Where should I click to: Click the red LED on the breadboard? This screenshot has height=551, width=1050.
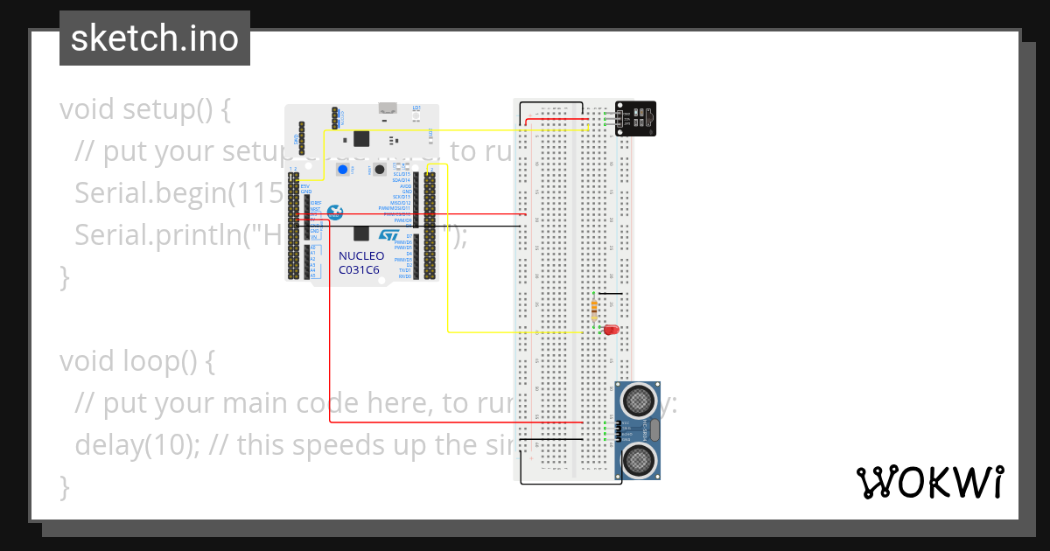pyautogui.click(x=610, y=330)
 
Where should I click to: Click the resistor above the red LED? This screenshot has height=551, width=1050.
pyautogui.click(x=595, y=308)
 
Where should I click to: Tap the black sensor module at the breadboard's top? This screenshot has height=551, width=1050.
pyautogui.click(x=636, y=117)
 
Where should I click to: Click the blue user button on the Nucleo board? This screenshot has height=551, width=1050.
pyautogui.click(x=343, y=170)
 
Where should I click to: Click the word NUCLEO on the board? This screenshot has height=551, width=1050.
pyautogui.click(x=361, y=256)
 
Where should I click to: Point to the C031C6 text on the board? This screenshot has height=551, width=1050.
pyautogui.click(x=359, y=269)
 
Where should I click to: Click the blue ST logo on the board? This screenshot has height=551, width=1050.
pyautogui.click(x=388, y=235)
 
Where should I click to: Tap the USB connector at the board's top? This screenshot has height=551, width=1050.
pyautogui.click(x=386, y=108)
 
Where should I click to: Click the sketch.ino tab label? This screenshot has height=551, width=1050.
pyautogui.click(x=155, y=38)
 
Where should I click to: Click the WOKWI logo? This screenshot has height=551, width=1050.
pyautogui.click(x=929, y=482)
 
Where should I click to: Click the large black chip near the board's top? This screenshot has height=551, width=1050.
pyautogui.click(x=361, y=138)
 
